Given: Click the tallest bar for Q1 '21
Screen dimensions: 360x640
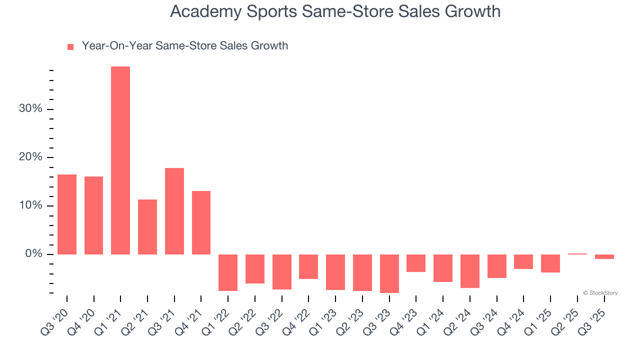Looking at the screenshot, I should (x=120, y=160).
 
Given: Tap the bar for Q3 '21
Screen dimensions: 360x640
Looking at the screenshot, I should (x=174, y=211).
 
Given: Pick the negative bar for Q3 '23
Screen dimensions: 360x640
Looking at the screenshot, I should (x=389, y=273).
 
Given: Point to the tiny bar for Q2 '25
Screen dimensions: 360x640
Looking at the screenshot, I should (x=577, y=254).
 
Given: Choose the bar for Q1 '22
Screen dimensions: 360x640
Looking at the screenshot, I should (x=228, y=272).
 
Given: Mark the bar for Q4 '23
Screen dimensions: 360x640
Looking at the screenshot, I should (x=416, y=263).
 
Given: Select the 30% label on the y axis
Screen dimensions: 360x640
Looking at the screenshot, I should (x=30, y=109).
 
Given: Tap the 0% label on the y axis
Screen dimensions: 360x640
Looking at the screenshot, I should (x=33, y=254).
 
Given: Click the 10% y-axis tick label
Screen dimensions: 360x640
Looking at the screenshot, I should (x=30, y=206).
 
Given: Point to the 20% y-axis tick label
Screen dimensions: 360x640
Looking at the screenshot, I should (x=30, y=157).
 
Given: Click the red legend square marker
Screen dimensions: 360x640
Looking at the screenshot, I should (x=70, y=46).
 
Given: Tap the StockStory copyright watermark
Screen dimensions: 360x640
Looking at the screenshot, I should (x=600, y=293).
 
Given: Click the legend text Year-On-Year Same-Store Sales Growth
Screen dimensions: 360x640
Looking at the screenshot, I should (x=185, y=46).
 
